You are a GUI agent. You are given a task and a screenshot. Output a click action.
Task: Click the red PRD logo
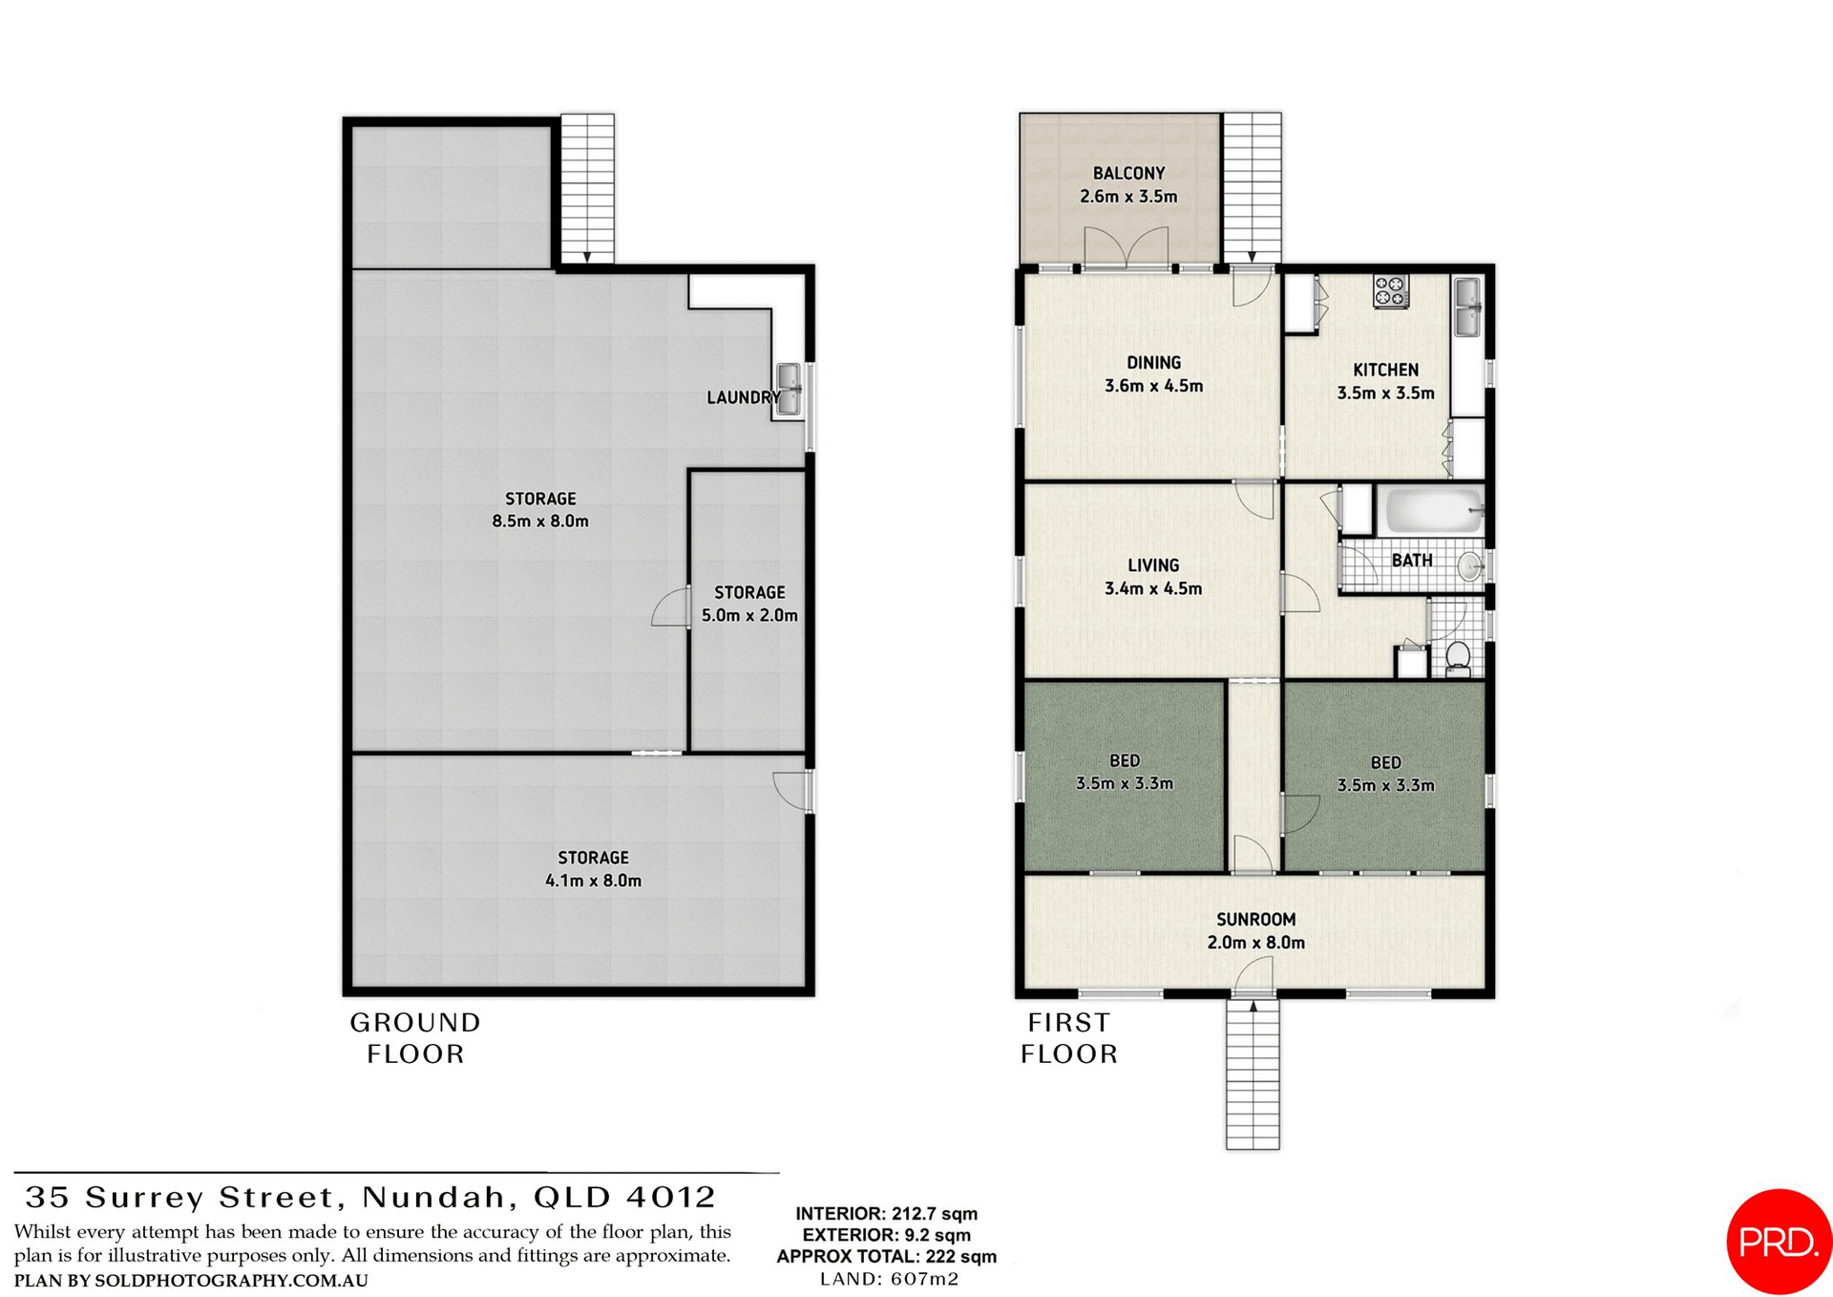[x=1778, y=1241]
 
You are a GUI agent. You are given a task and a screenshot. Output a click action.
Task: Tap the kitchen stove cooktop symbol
[x=1390, y=291]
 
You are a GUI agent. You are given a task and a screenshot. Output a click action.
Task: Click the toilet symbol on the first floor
[x=1457, y=657]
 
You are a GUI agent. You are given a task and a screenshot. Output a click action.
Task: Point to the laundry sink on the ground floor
[x=789, y=390]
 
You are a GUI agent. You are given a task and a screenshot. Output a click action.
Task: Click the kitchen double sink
[x=1467, y=306]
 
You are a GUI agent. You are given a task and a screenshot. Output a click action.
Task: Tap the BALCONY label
[x=1128, y=173]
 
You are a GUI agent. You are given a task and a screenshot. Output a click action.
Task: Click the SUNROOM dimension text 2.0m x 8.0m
[x=1255, y=942]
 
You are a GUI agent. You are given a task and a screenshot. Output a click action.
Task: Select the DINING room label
[x=1153, y=362]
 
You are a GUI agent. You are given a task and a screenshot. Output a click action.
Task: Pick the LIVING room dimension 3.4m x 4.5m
[x=1152, y=588]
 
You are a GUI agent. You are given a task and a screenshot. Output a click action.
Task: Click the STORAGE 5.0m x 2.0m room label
[x=749, y=604]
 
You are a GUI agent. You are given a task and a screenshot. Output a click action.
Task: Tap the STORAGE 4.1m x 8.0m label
[x=593, y=869]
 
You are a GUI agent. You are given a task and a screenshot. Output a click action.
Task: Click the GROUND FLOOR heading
[x=415, y=1037]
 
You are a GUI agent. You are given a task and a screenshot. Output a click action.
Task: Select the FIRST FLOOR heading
[x=1069, y=1037]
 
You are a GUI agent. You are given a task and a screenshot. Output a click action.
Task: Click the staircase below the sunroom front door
[x=1253, y=1074]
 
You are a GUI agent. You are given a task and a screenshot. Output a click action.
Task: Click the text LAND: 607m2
[x=889, y=1278]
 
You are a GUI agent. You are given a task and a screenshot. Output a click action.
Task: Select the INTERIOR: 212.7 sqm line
[x=886, y=1213]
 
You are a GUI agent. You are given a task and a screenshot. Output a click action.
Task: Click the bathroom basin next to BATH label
[x=1471, y=566]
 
